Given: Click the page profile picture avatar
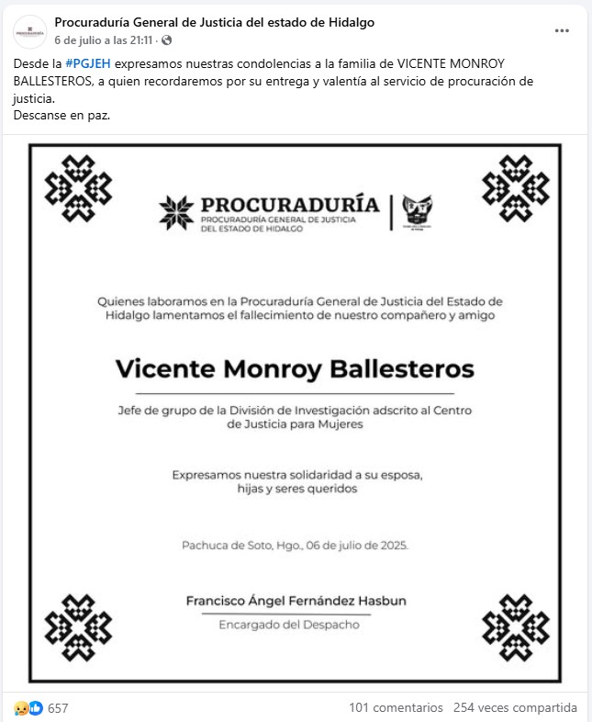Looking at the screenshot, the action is (x=29, y=31).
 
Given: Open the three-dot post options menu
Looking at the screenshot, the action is (x=562, y=30).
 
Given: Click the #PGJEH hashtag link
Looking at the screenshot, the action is (x=88, y=63).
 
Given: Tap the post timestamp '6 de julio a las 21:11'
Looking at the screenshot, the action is (x=105, y=40).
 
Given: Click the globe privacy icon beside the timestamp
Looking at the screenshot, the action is (x=166, y=40).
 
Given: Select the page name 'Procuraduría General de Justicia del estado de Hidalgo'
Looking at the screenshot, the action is (x=215, y=22).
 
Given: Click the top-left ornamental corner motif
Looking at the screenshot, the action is (x=78, y=188).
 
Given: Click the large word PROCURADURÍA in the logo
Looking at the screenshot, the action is (x=289, y=203).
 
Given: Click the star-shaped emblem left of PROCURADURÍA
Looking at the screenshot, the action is (x=176, y=212).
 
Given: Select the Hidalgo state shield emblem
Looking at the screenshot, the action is (x=418, y=212).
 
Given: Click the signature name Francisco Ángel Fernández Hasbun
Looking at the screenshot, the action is (x=296, y=601).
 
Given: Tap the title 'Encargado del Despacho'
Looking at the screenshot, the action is (x=289, y=625).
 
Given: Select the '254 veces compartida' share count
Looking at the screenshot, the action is (x=515, y=708).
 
